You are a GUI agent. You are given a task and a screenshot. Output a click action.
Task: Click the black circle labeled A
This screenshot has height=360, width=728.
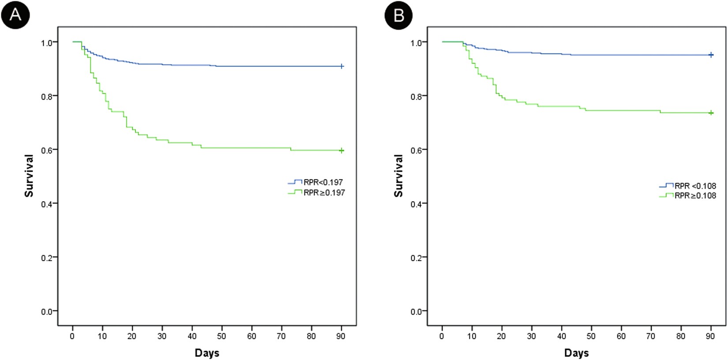point(15,15)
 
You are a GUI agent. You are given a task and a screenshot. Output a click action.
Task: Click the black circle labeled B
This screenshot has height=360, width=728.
point(398,15)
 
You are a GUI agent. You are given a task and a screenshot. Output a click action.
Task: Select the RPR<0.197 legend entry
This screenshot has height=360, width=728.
point(323,182)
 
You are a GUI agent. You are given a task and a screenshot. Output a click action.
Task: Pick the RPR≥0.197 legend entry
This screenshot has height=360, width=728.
point(324,192)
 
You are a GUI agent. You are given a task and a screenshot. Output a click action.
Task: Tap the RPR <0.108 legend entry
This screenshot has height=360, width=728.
point(695,186)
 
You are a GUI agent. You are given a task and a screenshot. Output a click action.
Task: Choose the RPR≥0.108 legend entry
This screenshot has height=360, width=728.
point(695,195)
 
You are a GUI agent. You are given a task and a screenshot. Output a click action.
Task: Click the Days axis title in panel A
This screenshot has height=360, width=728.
point(207,353)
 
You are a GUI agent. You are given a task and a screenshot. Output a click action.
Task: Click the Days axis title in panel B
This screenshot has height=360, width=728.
point(576,353)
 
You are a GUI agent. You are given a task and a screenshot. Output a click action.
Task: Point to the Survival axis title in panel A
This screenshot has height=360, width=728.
point(29,176)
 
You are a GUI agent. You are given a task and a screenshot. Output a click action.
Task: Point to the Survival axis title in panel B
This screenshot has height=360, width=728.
point(399,176)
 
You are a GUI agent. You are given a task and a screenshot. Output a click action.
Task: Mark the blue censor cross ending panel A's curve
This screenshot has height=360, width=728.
point(341,66)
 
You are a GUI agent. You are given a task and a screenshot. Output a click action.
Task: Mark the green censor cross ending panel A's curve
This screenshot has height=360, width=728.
point(341,150)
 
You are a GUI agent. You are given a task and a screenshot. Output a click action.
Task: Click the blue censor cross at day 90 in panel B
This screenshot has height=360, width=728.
point(711,55)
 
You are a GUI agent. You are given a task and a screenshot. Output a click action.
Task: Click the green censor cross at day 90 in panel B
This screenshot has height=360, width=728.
point(711,113)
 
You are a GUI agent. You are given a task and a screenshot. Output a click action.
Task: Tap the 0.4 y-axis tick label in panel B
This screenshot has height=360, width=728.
point(417,204)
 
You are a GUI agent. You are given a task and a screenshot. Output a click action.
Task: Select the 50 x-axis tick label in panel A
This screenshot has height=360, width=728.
point(221,336)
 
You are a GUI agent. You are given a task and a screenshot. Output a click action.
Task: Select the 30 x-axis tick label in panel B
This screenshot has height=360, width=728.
point(531,336)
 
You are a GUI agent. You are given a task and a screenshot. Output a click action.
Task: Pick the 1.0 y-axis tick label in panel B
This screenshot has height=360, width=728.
point(417,43)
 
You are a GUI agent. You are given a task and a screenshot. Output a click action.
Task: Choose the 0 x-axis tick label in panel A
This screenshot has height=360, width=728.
point(72,336)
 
